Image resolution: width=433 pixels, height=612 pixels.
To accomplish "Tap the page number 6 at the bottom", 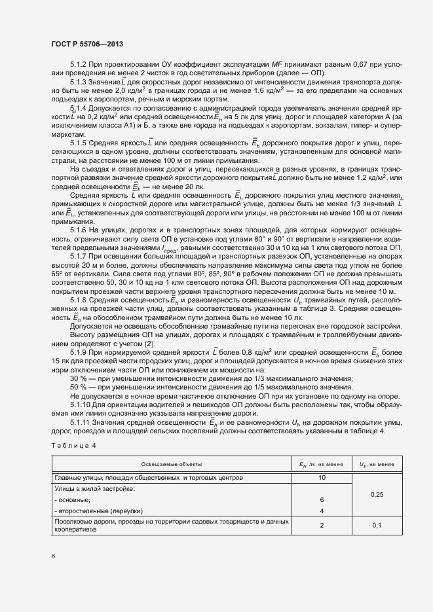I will point(52,556).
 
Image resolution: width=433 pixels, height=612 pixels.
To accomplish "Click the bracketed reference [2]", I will point(149,344).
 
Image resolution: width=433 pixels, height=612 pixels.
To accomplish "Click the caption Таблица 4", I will point(73,446).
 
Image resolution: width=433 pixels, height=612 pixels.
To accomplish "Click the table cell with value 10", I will point(322,478).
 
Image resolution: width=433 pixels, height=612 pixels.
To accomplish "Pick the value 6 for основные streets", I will point(322,499).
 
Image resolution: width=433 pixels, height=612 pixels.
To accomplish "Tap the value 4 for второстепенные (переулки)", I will point(322,510).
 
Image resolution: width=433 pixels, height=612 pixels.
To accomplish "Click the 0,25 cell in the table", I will point(377,494).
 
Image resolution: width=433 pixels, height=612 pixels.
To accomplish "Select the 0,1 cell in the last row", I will point(377,525).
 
